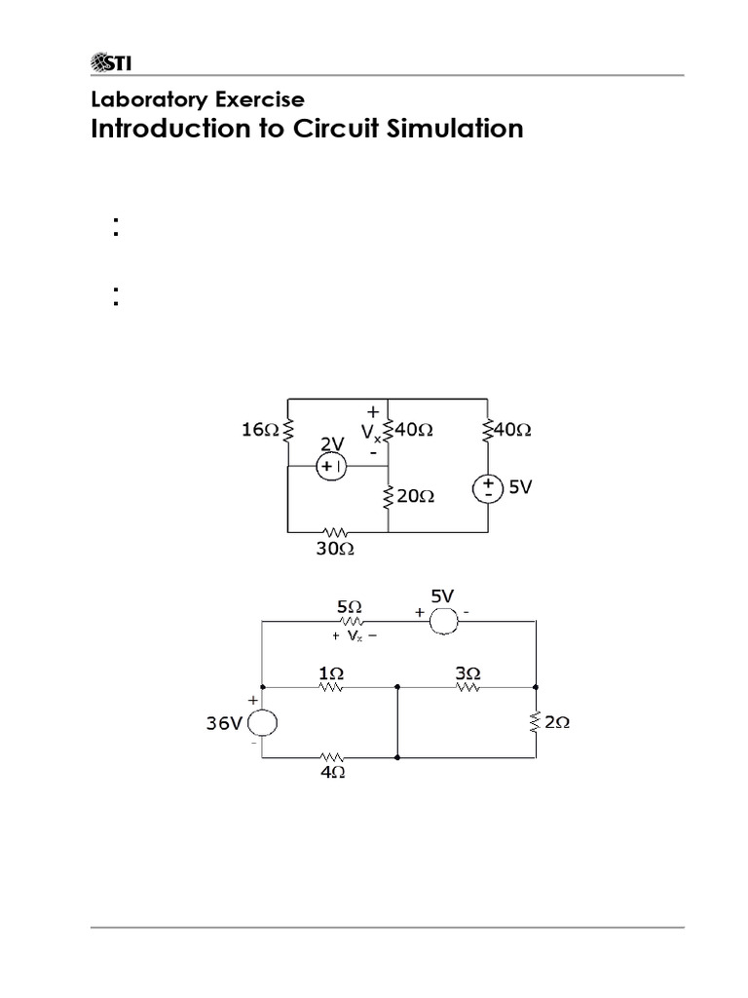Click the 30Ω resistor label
point(336,549)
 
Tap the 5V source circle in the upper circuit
point(486,486)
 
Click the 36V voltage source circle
point(263,723)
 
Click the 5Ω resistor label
point(349,605)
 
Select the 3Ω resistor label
point(467,672)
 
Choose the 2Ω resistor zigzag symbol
point(537,723)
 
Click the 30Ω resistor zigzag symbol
point(336,532)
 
